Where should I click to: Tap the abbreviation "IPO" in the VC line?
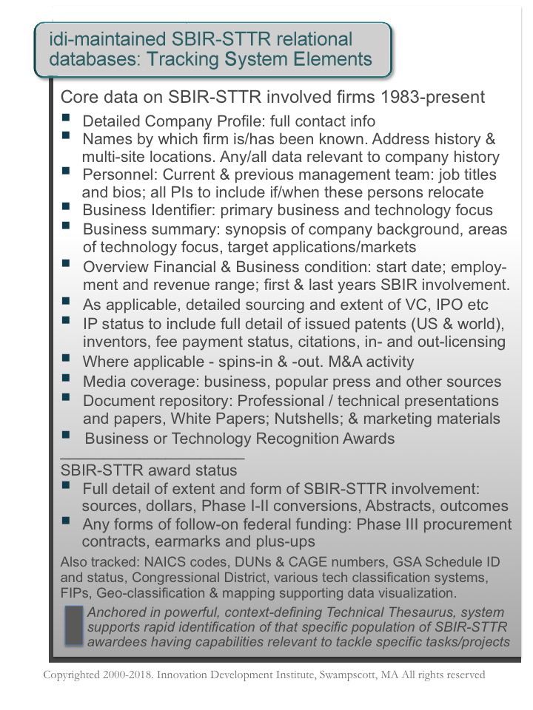point(444,304)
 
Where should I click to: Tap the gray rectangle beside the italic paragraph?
point(74,627)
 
